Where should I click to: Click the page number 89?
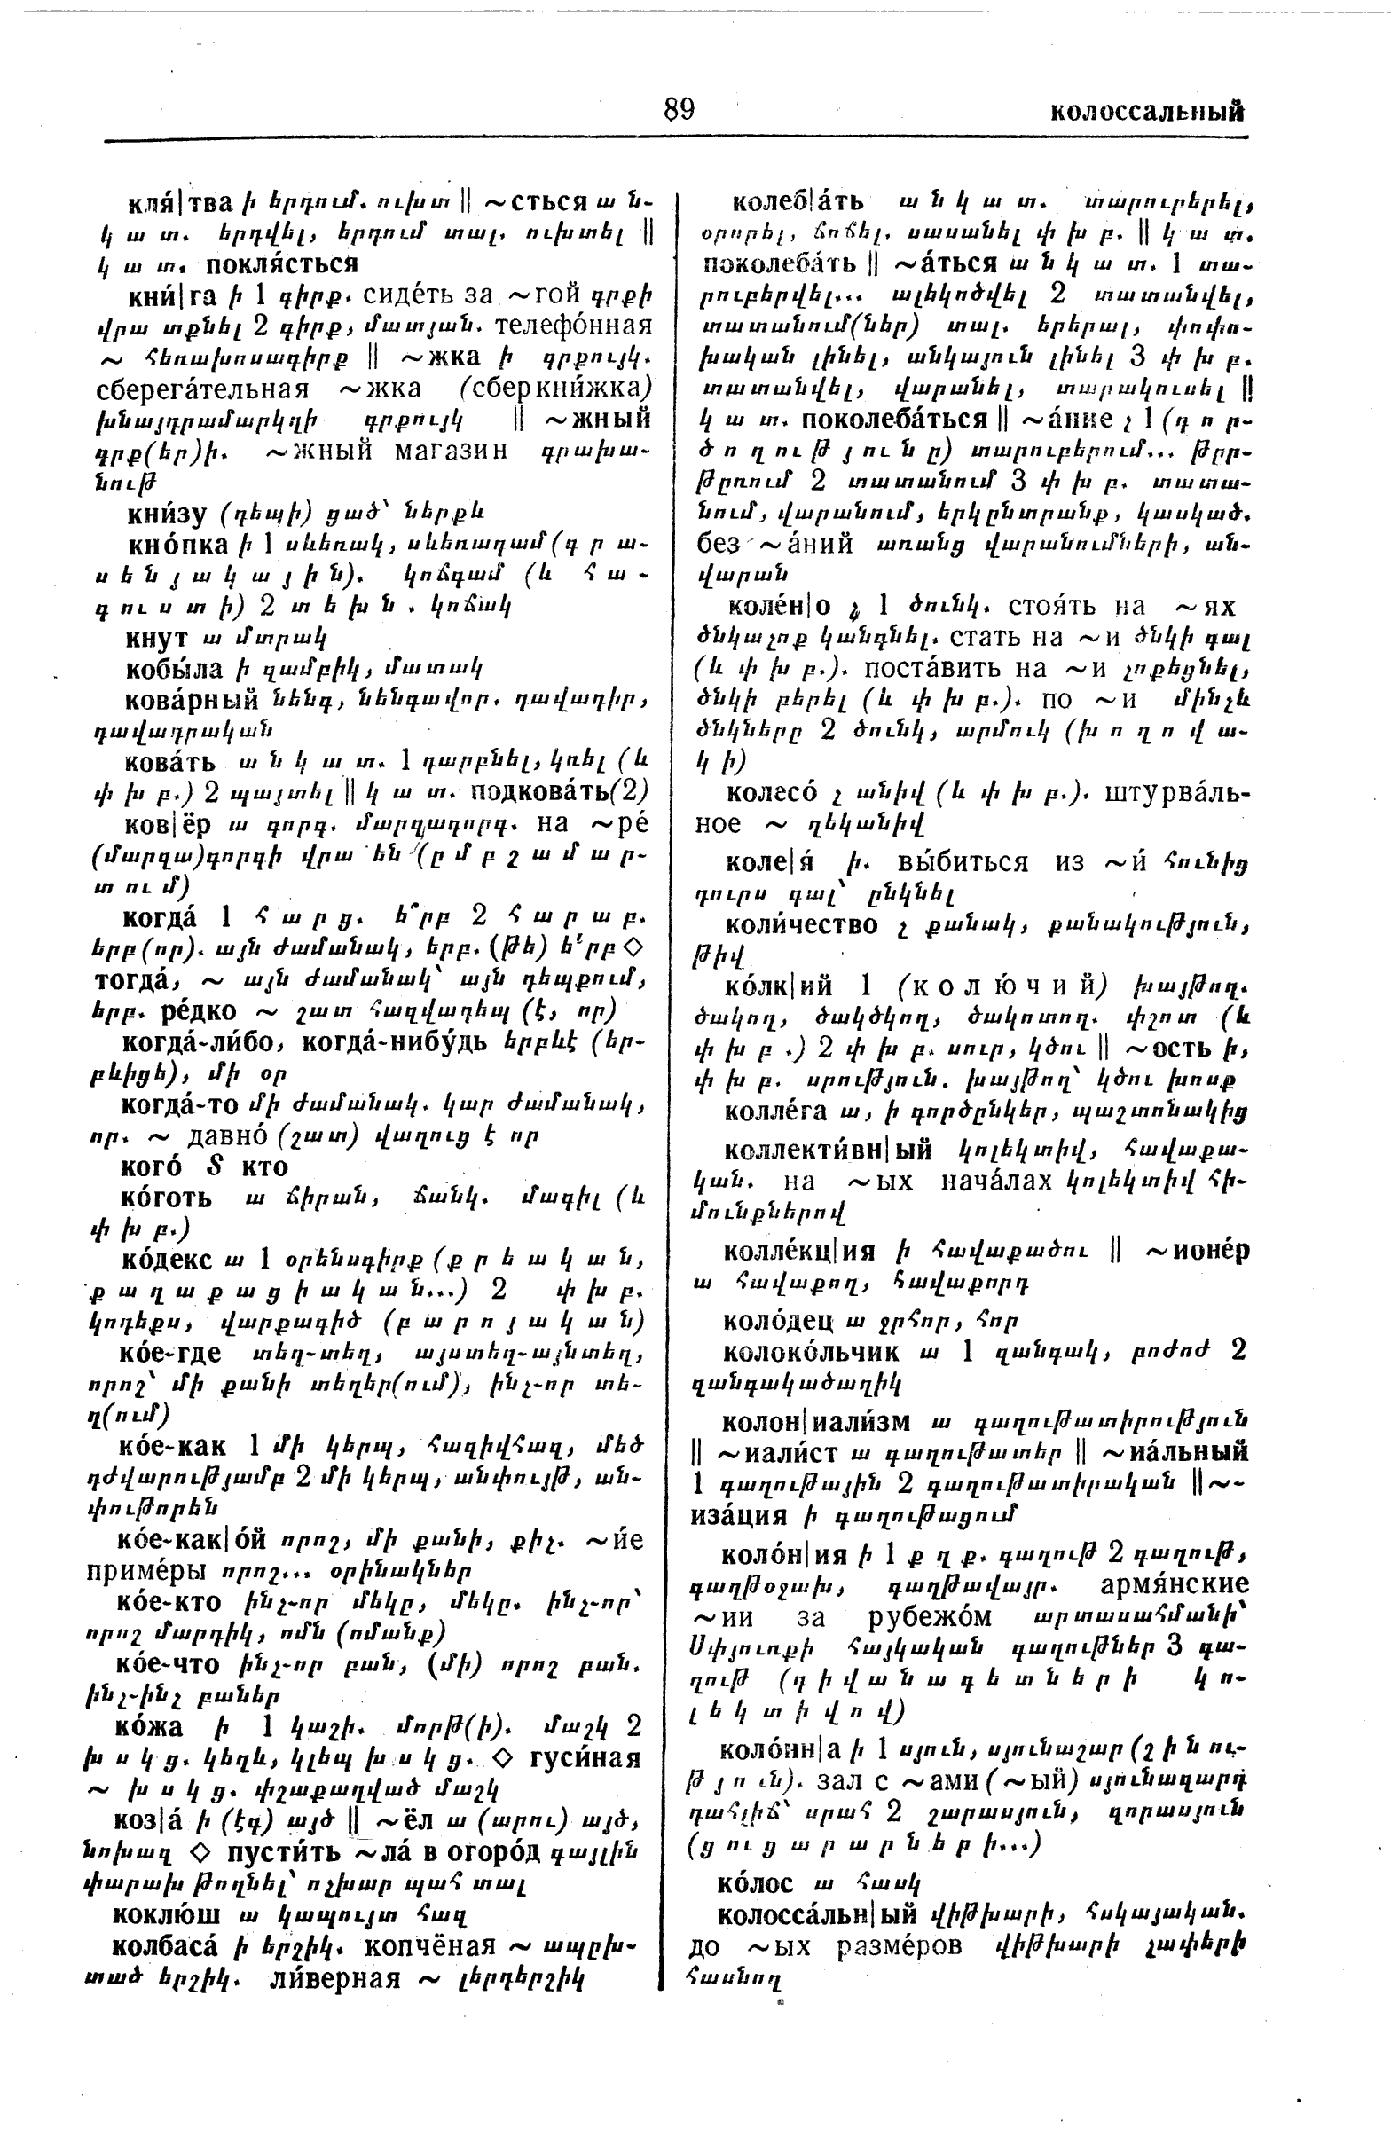tap(678, 109)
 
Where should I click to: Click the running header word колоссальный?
tap(1147, 112)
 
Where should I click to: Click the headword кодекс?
tap(167, 1260)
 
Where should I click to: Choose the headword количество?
tap(802, 925)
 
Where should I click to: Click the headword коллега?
tap(780, 1111)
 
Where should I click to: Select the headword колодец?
tap(778, 1319)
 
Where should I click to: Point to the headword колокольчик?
tap(812, 1351)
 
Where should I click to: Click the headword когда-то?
tap(179, 1104)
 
